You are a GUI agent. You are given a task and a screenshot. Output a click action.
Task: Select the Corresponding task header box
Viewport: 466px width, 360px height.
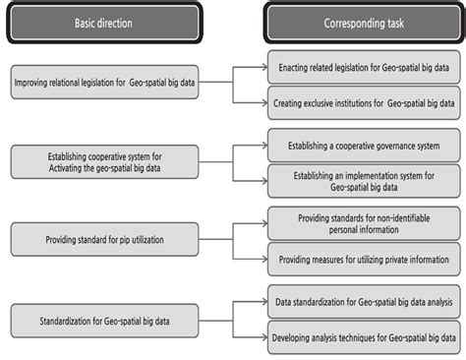363,23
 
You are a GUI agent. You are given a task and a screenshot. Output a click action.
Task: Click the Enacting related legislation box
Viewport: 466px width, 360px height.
364,68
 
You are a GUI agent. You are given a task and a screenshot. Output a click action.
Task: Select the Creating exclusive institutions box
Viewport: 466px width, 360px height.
364,101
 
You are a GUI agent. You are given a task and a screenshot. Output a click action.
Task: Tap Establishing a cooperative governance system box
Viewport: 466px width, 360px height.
364,146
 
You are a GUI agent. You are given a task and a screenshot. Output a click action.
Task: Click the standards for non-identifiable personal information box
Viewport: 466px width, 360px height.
364,222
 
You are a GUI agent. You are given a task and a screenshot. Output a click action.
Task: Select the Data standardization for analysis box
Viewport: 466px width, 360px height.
364,301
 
